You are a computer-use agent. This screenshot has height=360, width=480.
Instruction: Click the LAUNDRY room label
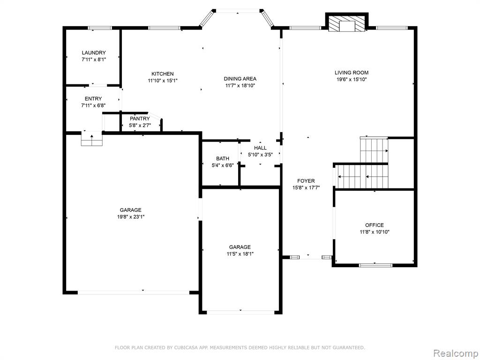(x=94, y=52)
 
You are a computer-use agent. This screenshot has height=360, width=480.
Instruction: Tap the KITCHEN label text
(x=163, y=74)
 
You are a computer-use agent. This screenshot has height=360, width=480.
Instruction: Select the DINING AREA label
(x=240, y=79)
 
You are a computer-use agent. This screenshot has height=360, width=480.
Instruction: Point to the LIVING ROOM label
(x=352, y=73)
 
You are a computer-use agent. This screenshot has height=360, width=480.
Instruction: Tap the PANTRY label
(x=140, y=119)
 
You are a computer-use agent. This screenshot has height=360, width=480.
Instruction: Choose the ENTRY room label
(x=93, y=98)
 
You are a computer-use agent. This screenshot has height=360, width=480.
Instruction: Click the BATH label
(x=223, y=158)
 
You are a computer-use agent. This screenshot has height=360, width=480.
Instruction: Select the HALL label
(x=260, y=148)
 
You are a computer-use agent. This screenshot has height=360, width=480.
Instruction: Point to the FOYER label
(x=306, y=180)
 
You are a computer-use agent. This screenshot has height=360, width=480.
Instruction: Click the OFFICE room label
(x=375, y=225)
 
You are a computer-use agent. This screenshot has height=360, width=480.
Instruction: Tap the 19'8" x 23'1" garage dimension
(x=130, y=217)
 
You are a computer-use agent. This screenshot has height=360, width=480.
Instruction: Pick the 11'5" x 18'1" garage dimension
(x=240, y=254)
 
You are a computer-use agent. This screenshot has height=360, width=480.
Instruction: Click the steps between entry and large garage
(x=91, y=138)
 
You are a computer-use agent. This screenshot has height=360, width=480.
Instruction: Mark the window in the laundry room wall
(x=100, y=28)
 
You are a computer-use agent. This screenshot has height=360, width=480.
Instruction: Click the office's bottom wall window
(x=375, y=265)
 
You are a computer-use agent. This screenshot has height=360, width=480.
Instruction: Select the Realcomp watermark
(x=455, y=353)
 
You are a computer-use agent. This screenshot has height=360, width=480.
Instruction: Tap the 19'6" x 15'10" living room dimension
(x=352, y=80)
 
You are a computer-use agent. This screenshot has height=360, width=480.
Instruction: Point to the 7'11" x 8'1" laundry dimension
(x=94, y=60)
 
